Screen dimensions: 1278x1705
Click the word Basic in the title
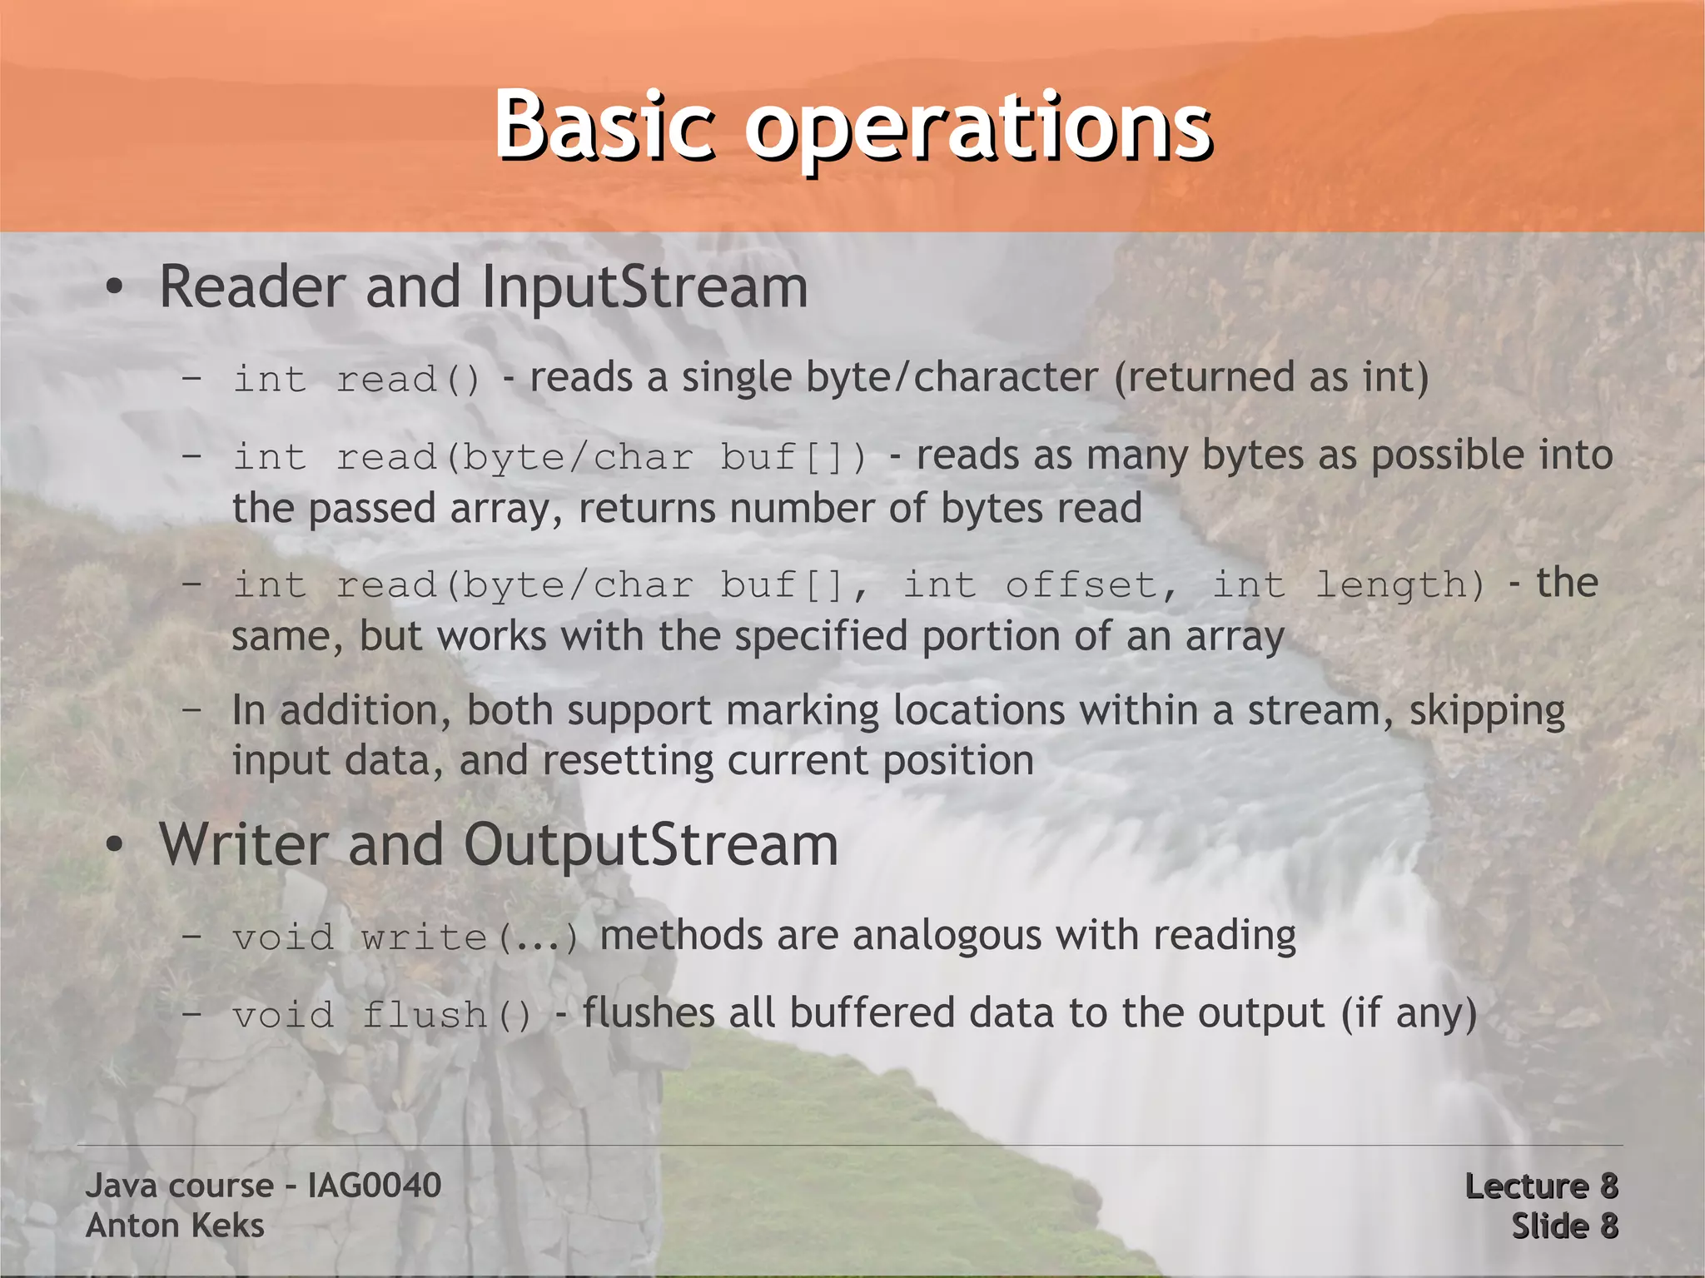click(604, 125)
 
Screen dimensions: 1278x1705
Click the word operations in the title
click(977, 129)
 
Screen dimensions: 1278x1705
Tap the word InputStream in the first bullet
click(645, 287)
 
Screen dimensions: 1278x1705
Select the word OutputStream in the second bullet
click(650, 846)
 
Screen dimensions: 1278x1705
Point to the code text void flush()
click(382, 1015)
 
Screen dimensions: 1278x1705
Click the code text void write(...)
click(405, 937)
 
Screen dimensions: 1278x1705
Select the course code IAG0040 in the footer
click(374, 1186)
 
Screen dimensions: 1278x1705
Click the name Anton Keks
click(175, 1226)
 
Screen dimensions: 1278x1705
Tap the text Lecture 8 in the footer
click(1541, 1186)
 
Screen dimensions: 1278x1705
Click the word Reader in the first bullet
click(251, 287)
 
